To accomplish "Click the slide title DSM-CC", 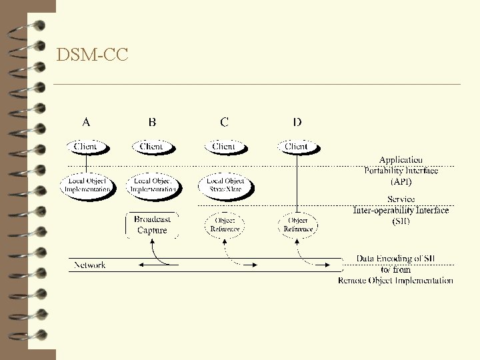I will (93, 55).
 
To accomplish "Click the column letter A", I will (86, 122).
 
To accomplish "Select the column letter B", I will (153, 122).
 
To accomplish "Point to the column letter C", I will (225, 122).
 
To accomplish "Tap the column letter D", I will (297, 122).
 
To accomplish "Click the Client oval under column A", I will (86, 146).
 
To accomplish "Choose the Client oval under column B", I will (152, 146).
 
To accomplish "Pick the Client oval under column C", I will (224, 146).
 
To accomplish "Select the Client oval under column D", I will (297, 146).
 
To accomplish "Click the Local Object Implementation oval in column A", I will (87, 185).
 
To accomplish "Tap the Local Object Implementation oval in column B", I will (153, 185).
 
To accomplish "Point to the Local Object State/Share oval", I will (225, 185).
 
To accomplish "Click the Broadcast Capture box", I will (152, 225).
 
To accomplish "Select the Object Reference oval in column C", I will (225, 225).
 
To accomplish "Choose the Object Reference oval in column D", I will (297, 225).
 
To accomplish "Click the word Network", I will (89, 265).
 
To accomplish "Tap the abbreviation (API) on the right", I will (401, 181).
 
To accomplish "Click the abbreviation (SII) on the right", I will (401, 221).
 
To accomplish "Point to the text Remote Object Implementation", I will (395, 281).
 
